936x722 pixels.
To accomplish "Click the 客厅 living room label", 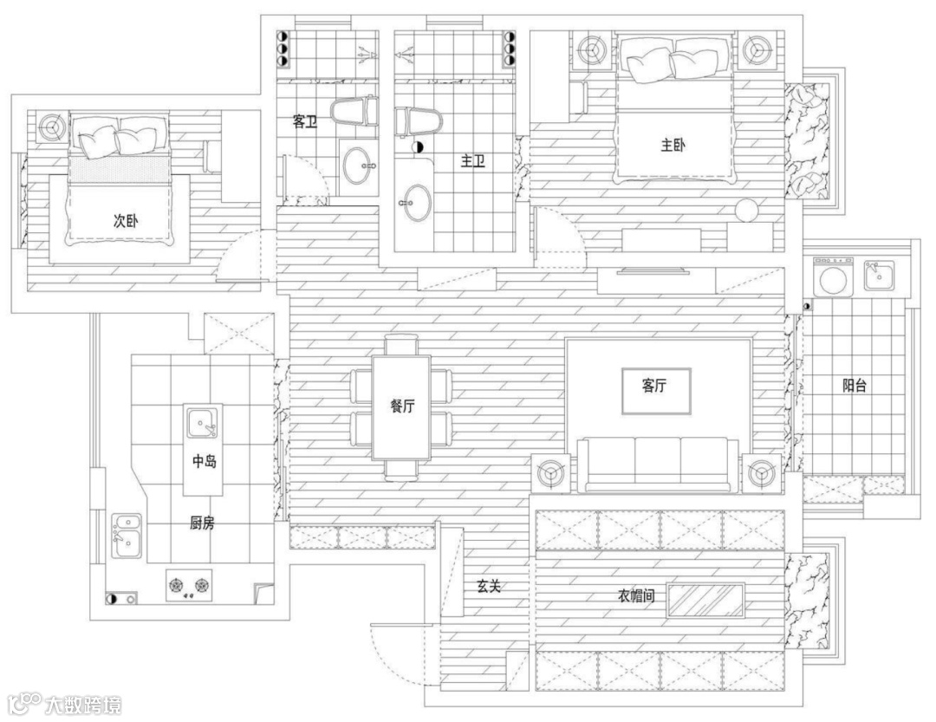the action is point(654,386).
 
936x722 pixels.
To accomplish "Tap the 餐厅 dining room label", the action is point(402,407).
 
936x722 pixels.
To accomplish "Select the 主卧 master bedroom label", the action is point(673,145).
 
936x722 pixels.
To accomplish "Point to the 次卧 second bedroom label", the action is point(126,220).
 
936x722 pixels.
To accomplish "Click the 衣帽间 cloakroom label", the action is point(636,595).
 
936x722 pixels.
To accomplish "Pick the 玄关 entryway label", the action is point(488,587).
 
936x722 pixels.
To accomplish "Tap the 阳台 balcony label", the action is point(855,385).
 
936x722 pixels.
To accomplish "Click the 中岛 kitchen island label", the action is point(204,461).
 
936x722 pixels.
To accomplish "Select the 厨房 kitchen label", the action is point(202,524).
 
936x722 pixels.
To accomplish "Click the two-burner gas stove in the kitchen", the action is point(189,585).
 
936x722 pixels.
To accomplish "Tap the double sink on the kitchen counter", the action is point(127,536).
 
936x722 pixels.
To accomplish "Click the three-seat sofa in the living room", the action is point(657,465).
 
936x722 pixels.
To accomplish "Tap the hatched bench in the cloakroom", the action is point(705,601).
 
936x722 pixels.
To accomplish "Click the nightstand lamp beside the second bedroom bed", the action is point(52,127).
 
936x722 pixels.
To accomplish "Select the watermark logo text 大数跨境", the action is point(83,705).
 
